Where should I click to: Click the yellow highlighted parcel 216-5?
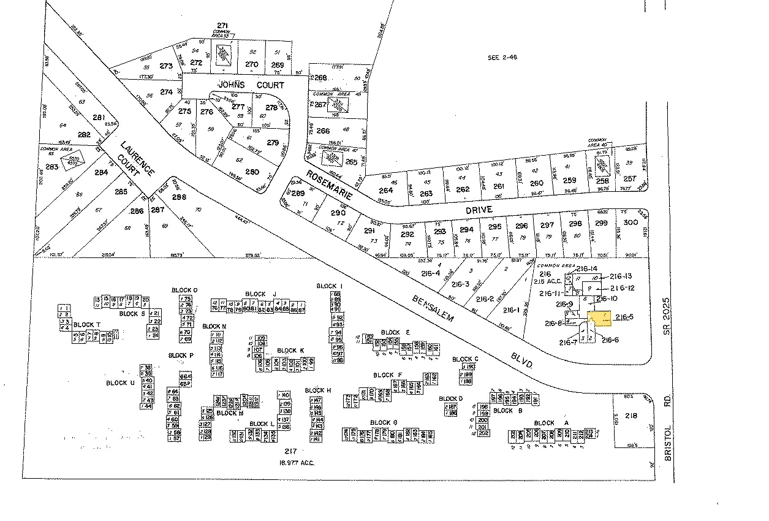point(601,319)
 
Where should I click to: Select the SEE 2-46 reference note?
point(502,57)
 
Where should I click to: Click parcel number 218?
point(631,416)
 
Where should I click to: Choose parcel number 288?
point(179,197)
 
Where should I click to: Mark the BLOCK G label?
point(384,422)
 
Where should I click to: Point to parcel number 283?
point(51,166)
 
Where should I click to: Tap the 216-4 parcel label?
point(431,274)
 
